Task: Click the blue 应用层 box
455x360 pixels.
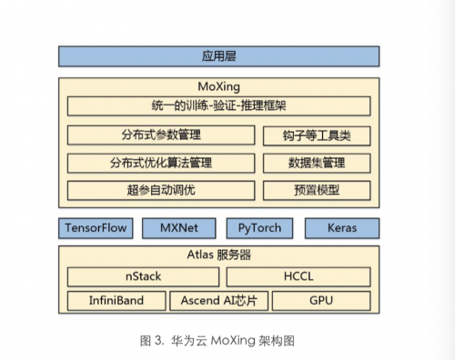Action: click(218, 56)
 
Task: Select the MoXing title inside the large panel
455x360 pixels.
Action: click(218, 87)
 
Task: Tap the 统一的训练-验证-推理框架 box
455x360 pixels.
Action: click(218, 106)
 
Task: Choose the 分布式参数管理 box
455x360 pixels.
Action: click(161, 135)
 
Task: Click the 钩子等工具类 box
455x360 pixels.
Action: click(317, 135)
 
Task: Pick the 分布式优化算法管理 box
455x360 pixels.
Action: click(161, 163)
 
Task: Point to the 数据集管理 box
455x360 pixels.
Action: click(317, 163)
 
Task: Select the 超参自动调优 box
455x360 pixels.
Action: click(161, 190)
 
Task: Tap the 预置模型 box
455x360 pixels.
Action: click(317, 190)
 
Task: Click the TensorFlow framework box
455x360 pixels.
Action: click(96, 228)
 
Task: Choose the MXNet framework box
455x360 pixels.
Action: click(179, 228)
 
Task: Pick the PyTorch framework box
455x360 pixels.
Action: click(259, 228)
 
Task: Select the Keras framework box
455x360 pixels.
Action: click(342, 228)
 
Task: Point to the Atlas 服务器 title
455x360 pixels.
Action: click(219, 255)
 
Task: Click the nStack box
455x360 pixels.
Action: click(143, 276)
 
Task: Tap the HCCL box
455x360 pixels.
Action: click(298, 276)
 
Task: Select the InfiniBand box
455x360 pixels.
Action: click(116, 301)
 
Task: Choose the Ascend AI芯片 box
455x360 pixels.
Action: click(218, 301)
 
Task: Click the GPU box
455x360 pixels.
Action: click(321, 301)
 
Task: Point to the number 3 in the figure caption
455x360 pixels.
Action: click(158, 341)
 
